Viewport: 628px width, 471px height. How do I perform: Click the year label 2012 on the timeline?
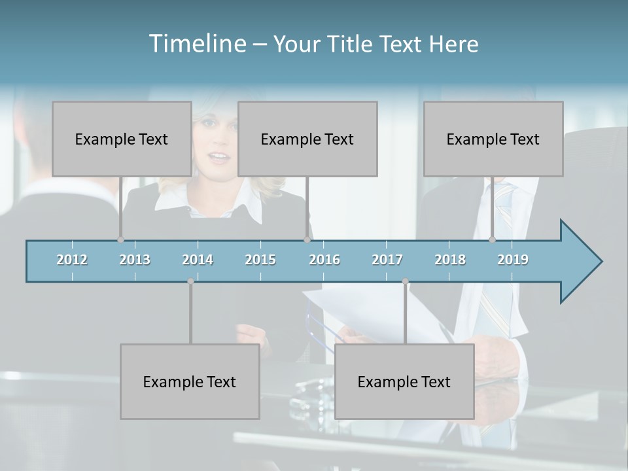pos(72,260)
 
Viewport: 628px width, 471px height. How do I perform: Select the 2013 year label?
pos(135,260)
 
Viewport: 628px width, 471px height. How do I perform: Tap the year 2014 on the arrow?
pos(198,260)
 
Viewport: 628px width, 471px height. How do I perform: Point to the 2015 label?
pos(260,260)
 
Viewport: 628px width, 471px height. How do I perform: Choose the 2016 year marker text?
pos(324,260)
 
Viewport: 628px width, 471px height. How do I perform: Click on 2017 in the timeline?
pos(387,260)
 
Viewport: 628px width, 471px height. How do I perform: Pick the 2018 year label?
pos(450,260)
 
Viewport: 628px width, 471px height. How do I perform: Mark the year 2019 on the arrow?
pos(513,260)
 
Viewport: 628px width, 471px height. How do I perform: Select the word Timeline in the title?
pos(197,44)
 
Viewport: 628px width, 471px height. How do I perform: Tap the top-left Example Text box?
pos(122,139)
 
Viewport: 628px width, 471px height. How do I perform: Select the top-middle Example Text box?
pos(307,139)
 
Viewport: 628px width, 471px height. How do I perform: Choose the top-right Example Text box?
pos(493,139)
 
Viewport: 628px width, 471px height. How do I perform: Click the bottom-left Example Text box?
pos(190,381)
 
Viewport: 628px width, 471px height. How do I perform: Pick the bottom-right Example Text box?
pos(404,381)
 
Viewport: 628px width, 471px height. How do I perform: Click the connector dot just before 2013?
pos(120,240)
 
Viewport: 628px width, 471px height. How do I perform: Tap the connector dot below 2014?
pos(190,281)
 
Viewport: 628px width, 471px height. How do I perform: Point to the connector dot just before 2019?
pos(492,240)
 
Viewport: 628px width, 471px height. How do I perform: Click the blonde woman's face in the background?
pos(216,147)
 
